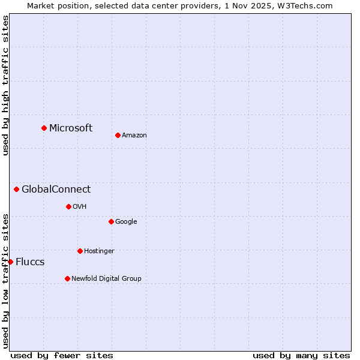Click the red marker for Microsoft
pos(44,128)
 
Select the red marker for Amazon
pos(118,135)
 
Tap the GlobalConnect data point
pos(16,190)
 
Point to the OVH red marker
pos(68,206)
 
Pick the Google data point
pos(111,221)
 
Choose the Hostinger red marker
pos(80,251)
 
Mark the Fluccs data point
pos(10,262)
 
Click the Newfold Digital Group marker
pos(67,278)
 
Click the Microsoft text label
pos(71,128)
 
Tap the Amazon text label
pos(134,136)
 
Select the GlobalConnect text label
pos(56,190)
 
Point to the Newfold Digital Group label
pos(106,278)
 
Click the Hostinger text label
pos(99,251)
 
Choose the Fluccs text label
pos(30,262)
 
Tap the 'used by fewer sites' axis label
pos(62,355)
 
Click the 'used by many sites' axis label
pos(301,355)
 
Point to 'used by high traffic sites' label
pos(5,85)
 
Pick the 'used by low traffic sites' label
pos(5,280)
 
